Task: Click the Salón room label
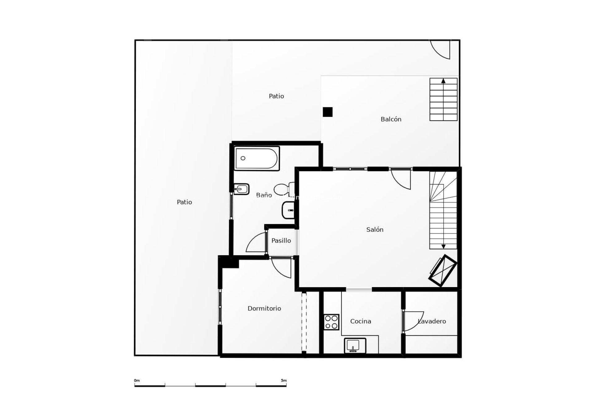pyautogui.click(x=375, y=230)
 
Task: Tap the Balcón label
pyautogui.click(x=391, y=119)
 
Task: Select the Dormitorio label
pyautogui.click(x=264, y=308)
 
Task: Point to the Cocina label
pyautogui.click(x=360, y=321)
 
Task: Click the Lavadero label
pyautogui.click(x=432, y=321)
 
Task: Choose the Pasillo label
pyautogui.click(x=281, y=240)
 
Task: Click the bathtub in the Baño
pyautogui.click(x=257, y=158)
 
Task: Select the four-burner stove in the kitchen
pyautogui.click(x=331, y=322)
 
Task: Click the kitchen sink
pyautogui.click(x=355, y=346)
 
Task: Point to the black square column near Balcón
pyautogui.click(x=327, y=112)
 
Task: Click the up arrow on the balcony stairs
pyautogui.click(x=443, y=81)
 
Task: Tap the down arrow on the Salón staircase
pyautogui.click(x=443, y=246)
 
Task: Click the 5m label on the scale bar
pyautogui.click(x=284, y=381)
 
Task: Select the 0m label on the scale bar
pyautogui.click(x=137, y=381)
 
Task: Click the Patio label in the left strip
pyautogui.click(x=184, y=202)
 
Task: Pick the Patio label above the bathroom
pyautogui.click(x=276, y=96)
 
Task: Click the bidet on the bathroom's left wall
pyautogui.click(x=241, y=189)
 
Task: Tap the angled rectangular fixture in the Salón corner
pyautogui.click(x=443, y=270)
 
